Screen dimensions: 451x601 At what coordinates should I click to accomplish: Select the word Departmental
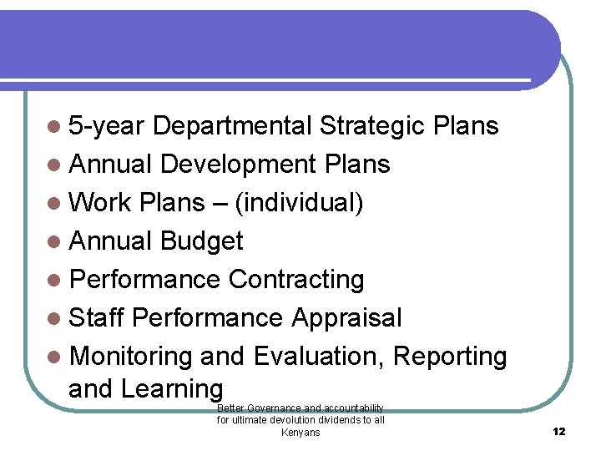[233, 126]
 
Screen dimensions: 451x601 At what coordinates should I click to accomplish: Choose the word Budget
[201, 241]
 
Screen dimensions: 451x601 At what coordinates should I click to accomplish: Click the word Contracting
[296, 280]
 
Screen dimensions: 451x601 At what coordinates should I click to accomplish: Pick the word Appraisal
[346, 318]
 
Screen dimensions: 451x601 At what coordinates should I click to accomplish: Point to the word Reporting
[450, 357]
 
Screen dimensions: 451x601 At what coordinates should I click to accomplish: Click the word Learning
[172, 389]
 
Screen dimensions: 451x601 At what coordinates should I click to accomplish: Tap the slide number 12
[559, 431]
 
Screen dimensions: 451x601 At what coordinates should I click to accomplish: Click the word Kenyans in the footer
[300, 433]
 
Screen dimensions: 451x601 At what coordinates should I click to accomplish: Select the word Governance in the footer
[274, 408]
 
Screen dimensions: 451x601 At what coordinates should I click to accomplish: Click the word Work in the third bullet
[101, 203]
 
